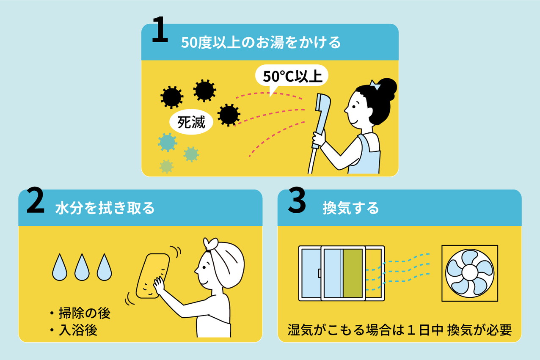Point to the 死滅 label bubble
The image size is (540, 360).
(192, 123)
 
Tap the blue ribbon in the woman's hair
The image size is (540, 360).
(375, 86)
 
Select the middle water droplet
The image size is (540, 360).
(81, 267)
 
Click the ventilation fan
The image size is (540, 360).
(469, 272)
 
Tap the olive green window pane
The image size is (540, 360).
(353, 273)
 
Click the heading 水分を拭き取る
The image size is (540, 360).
(105, 209)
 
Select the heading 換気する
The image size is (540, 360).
(350, 209)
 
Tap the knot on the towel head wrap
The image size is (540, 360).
(210, 245)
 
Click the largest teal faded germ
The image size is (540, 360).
(168, 143)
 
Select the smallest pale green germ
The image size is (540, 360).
(166, 166)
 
